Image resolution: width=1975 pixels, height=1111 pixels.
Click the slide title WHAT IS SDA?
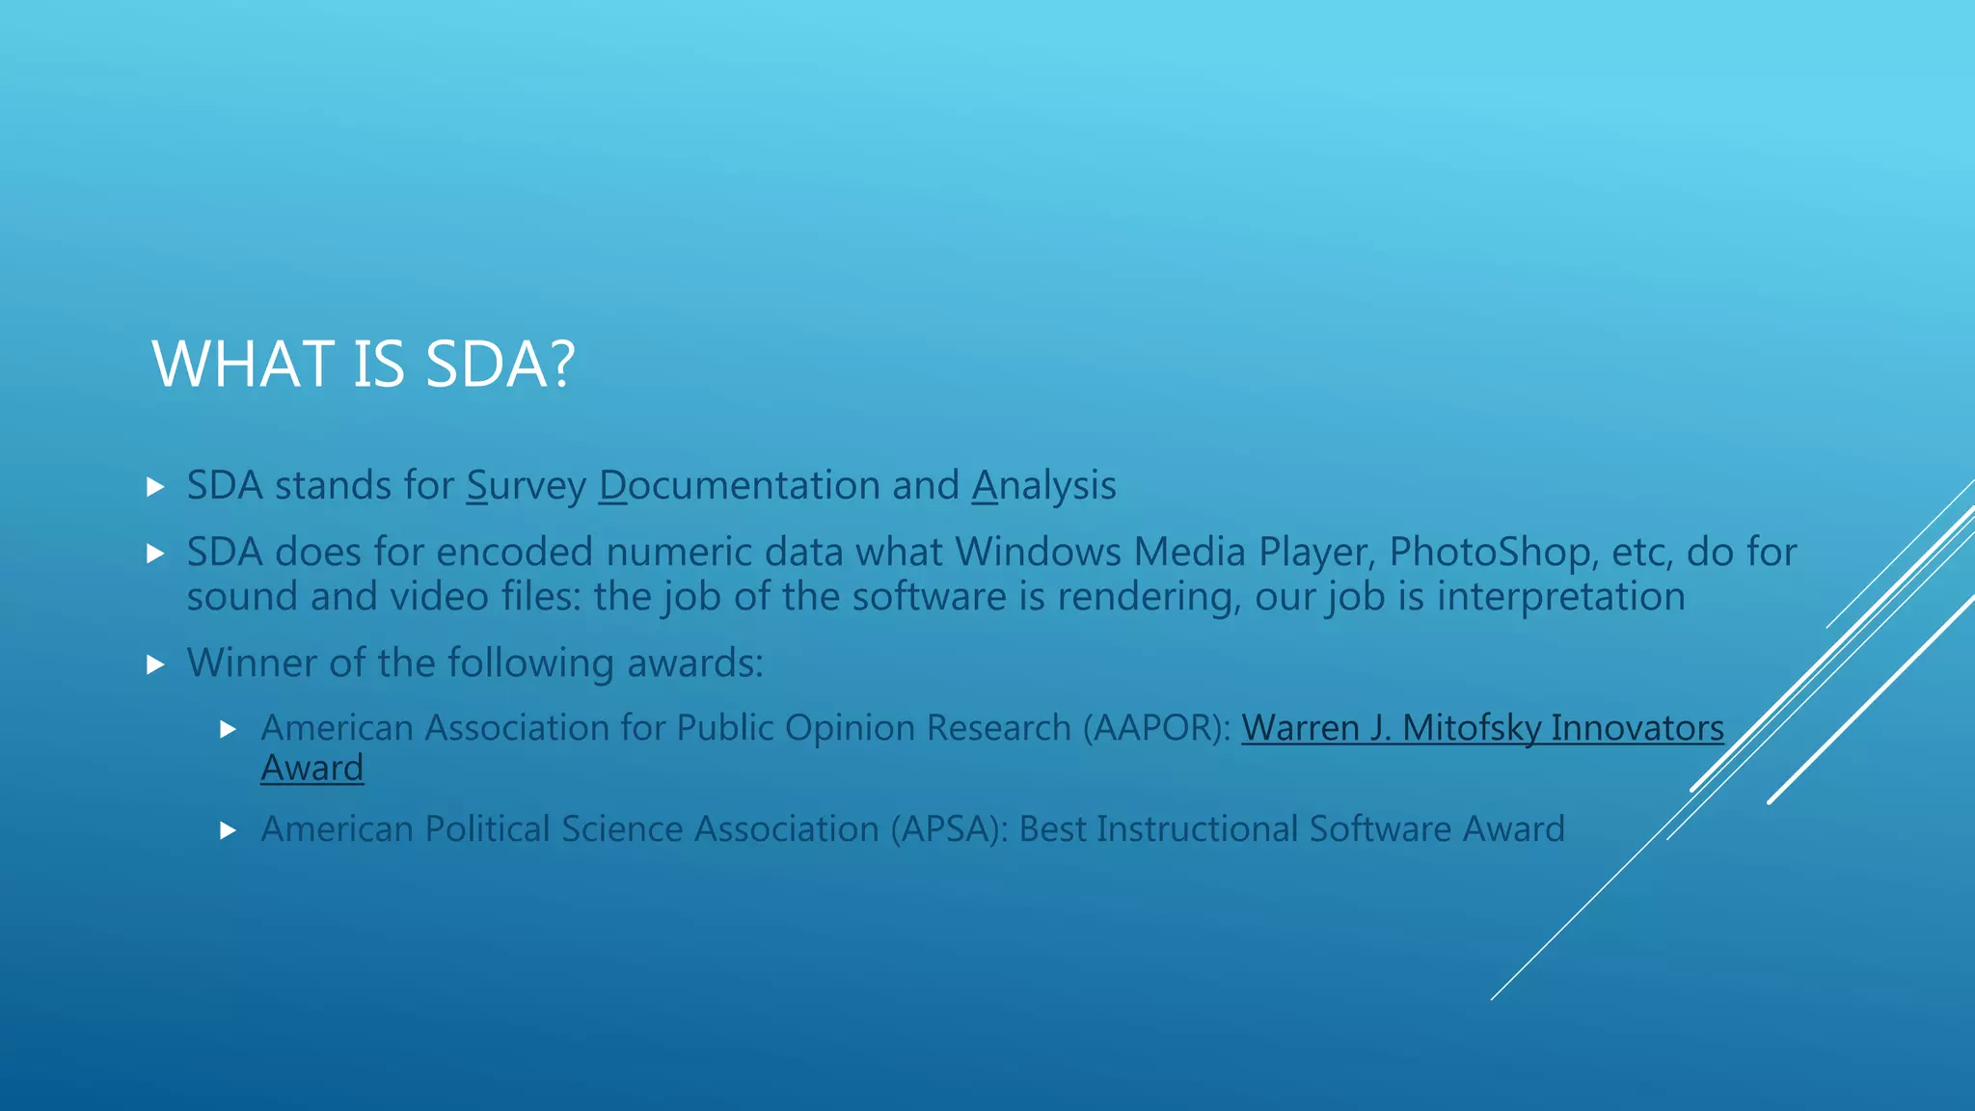tap(364, 365)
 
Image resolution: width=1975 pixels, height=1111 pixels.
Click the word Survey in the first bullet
tap(526, 486)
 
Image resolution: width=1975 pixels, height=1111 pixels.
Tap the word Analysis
tap(1043, 486)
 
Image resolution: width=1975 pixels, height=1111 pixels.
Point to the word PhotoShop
tap(1489, 553)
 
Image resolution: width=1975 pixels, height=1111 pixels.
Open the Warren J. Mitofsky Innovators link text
tap(1482, 728)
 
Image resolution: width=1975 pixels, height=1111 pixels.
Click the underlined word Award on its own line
tap(311, 769)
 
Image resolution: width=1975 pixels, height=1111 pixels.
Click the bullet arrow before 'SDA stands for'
tap(155, 487)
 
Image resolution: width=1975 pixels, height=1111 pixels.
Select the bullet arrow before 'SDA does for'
tap(155, 554)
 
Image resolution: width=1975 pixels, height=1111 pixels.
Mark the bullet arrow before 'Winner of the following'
tap(155, 664)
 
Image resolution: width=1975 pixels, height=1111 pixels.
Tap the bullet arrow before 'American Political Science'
tap(229, 830)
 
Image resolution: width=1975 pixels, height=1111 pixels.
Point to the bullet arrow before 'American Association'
tap(229, 729)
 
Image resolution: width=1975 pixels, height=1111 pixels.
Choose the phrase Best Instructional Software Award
tap(1291, 829)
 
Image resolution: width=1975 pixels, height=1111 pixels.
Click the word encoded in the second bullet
tap(514, 553)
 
